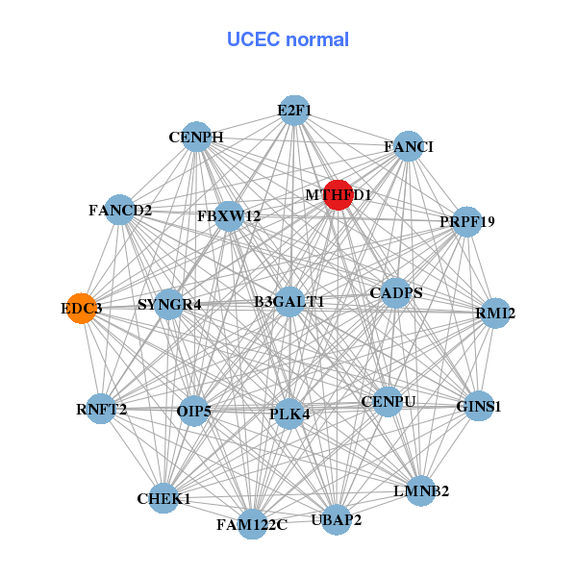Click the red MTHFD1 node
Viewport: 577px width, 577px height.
tap(338, 194)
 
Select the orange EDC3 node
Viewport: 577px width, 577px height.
tap(82, 309)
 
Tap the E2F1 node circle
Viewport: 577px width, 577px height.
tap(294, 111)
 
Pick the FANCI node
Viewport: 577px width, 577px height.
tap(409, 146)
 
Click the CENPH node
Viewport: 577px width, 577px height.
tap(196, 137)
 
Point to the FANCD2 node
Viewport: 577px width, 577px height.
tap(119, 210)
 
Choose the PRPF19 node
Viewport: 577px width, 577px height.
tap(466, 221)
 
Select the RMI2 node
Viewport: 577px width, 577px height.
tap(495, 313)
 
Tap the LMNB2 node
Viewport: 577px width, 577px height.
tap(421, 490)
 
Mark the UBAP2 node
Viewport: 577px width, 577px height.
tap(337, 520)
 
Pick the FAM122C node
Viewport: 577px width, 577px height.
tap(252, 524)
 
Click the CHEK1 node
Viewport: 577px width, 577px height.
tap(164, 498)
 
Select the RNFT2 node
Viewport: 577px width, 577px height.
tap(101, 410)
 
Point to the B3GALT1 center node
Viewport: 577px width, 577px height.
tap(289, 302)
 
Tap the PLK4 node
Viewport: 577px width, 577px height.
tap(289, 414)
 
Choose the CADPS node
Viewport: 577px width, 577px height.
tap(396, 293)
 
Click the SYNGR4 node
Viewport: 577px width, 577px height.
tap(169, 305)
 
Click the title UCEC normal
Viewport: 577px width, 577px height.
tap(288, 39)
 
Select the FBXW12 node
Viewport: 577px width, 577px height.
tap(229, 216)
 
